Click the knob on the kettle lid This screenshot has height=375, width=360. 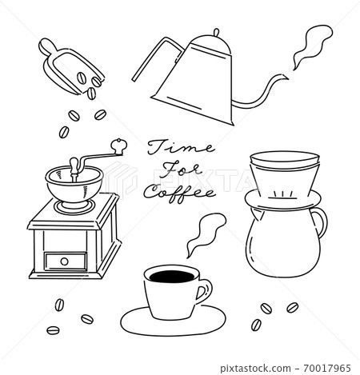point(214,34)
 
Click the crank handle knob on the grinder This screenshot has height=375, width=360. point(119,146)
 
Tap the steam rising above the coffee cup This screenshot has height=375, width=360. point(198,233)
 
